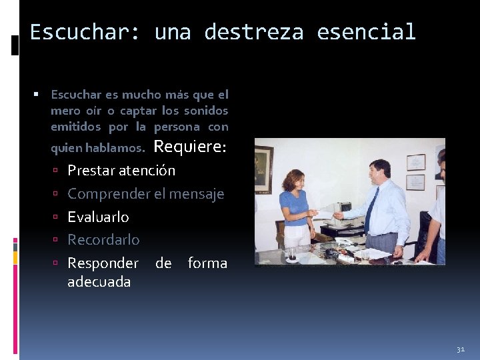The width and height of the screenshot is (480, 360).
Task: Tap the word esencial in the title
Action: coord(366,32)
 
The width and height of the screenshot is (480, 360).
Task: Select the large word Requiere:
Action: coord(191,147)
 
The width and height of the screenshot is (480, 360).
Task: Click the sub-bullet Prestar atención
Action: coord(121,171)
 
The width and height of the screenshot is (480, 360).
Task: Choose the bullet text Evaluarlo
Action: coord(98,217)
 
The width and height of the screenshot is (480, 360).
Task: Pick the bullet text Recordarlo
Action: coord(103,239)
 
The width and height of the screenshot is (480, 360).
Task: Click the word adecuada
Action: coord(99,281)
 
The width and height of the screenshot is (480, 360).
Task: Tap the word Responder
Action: coord(103,263)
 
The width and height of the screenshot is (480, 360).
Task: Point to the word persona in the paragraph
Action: coord(177,127)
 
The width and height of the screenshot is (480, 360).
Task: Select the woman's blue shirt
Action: coord(295,207)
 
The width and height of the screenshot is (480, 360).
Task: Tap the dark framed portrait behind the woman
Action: coord(263,169)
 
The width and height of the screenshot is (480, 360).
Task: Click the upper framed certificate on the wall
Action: coord(416,162)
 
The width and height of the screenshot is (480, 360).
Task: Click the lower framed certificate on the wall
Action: coord(416,182)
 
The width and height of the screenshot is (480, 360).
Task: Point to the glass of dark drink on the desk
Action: coord(293,253)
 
